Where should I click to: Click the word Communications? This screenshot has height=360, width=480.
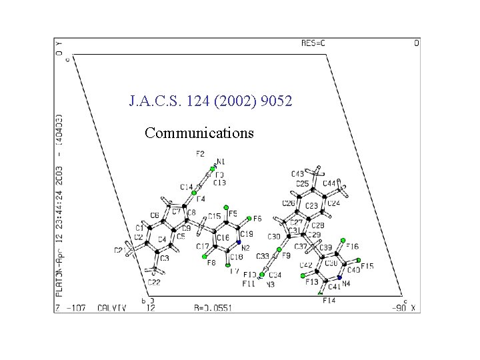click(199, 133)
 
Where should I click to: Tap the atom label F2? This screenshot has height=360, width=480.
click(200, 154)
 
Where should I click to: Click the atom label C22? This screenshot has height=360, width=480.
click(154, 283)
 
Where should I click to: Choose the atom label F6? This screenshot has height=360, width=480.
click(257, 219)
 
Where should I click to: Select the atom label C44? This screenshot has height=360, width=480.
click(329, 183)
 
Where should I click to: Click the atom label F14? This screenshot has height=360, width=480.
click(329, 301)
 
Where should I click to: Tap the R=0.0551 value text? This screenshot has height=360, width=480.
click(213, 308)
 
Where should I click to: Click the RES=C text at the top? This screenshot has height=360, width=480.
click(314, 43)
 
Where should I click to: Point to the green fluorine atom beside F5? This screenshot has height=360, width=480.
click(227, 207)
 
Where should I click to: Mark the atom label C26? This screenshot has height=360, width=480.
click(289, 203)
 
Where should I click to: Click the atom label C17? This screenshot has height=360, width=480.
click(203, 247)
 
